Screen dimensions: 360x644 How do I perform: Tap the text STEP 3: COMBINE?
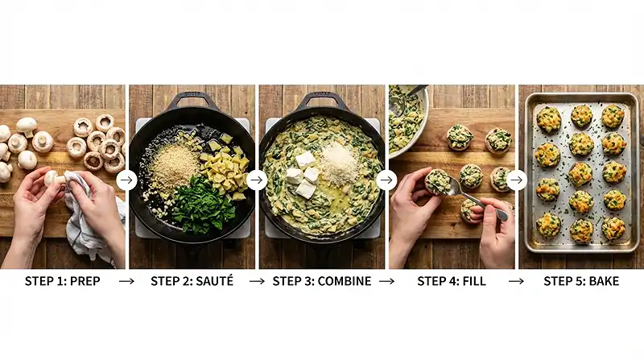pos(322,281)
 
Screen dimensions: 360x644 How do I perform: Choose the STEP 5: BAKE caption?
pos(581,281)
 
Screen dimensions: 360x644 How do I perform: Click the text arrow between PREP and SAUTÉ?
pos(126,281)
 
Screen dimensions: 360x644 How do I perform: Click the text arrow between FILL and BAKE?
pos(516,281)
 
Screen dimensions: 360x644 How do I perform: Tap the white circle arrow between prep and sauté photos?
pos(126,180)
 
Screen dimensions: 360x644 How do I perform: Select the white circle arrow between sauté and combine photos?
pos(257,180)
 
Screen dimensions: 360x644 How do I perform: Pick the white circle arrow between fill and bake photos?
pos(516,180)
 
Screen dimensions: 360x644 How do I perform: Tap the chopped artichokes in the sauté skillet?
pos(225,169)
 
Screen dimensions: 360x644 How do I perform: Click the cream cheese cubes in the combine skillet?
pos(303,173)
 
